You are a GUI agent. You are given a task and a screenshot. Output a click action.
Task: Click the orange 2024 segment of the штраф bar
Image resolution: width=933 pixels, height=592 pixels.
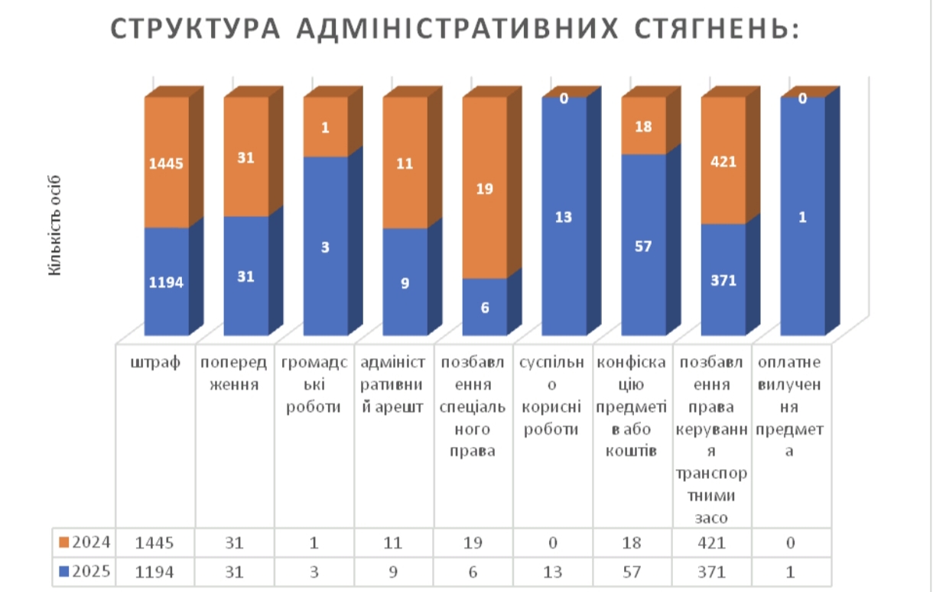pyautogui.click(x=167, y=162)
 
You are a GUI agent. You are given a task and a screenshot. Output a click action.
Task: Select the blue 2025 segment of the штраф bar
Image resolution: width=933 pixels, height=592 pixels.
pyautogui.click(x=167, y=281)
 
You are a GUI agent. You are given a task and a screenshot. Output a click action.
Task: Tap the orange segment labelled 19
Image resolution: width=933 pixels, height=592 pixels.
pyautogui.click(x=485, y=188)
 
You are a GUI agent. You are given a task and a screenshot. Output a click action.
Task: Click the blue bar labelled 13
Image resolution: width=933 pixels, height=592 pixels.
pyautogui.click(x=564, y=217)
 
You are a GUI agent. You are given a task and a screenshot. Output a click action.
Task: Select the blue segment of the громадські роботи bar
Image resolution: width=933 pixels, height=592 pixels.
pyautogui.click(x=326, y=246)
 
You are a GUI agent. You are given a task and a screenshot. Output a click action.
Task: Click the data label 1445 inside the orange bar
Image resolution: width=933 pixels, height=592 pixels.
pyautogui.click(x=167, y=162)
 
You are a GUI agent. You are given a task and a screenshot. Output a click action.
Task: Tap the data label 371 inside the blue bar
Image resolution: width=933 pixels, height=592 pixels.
pyautogui.click(x=723, y=280)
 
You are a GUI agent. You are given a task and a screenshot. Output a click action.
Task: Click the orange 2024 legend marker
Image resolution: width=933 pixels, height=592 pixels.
pyautogui.click(x=64, y=542)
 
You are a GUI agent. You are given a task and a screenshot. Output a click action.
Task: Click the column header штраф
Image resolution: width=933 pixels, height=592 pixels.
pyautogui.click(x=156, y=362)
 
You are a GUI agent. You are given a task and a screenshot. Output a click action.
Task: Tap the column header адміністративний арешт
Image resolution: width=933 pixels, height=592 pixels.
pyautogui.click(x=395, y=385)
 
